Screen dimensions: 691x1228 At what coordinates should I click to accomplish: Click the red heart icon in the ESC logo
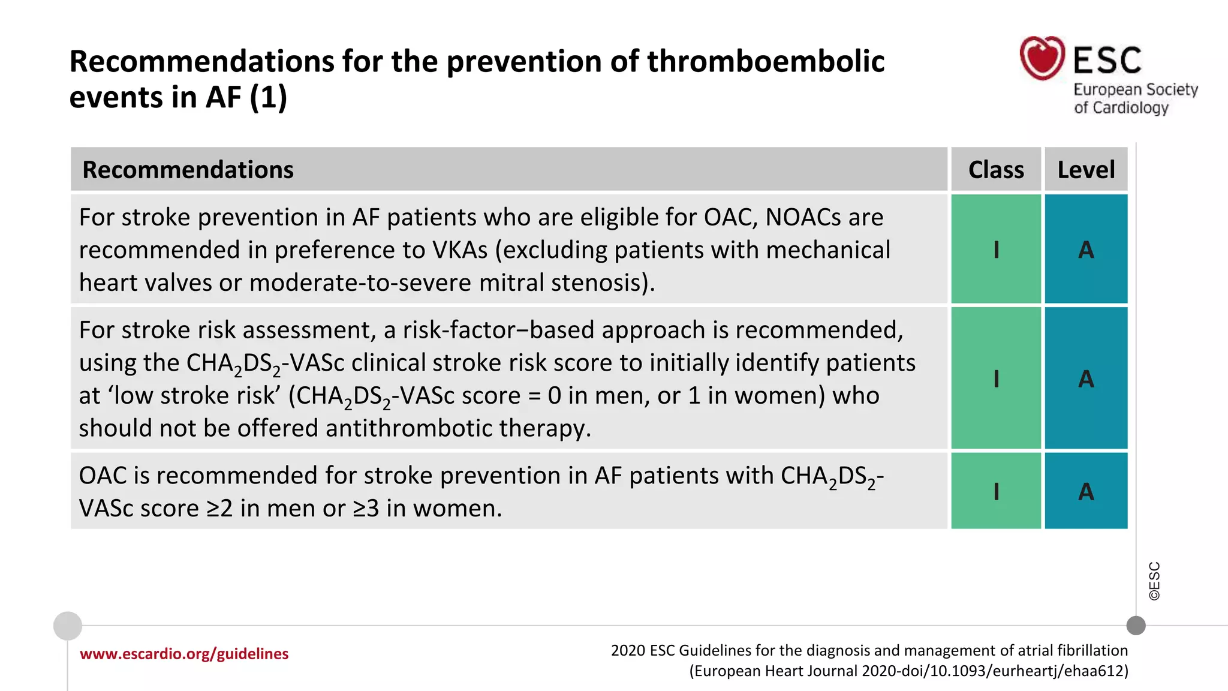tap(1042, 58)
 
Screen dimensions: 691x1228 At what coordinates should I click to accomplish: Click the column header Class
tap(996, 170)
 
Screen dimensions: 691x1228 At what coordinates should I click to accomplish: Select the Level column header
tap(1086, 170)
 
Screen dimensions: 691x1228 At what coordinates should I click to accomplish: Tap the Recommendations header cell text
tap(188, 170)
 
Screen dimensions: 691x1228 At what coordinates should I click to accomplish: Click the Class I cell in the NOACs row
tap(996, 249)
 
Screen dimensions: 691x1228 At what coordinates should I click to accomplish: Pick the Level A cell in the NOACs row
tap(1086, 249)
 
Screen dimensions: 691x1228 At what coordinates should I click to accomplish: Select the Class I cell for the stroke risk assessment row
tap(996, 378)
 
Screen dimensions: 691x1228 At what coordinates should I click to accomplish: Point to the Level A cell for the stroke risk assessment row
tap(1086, 378)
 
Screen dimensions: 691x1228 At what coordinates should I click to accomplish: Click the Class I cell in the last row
tap(996, 491)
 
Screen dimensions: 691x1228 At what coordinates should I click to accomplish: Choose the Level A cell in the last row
tap(1086, 491)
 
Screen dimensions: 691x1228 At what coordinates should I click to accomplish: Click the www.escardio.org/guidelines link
tap(184, 654)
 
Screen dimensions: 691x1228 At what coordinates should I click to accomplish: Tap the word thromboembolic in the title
tap(765, 62)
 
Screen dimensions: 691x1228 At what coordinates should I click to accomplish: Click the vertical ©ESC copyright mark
tap(1154, 581)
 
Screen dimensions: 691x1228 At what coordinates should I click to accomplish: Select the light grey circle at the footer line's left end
tap(68, 626)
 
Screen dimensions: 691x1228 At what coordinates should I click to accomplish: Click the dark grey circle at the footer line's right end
tap(1136, 626)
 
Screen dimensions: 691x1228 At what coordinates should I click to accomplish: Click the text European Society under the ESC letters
tap(1135, 90)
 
